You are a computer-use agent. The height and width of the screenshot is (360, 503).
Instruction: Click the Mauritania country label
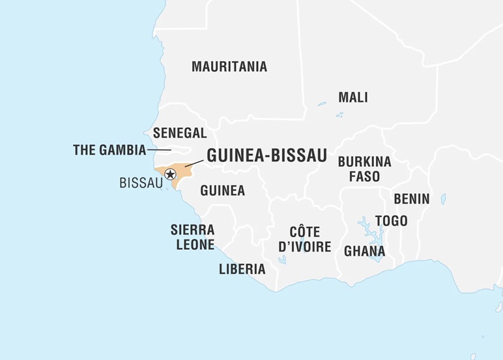coord(229,67)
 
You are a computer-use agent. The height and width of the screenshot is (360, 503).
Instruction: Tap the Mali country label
coord(352,97)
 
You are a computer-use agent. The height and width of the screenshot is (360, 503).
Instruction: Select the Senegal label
coord(180,133)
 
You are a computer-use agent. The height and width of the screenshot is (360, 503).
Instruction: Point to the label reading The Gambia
coord(109,150)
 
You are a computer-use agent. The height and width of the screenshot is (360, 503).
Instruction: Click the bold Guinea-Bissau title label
coord(266,155)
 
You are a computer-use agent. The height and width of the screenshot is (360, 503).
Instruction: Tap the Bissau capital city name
coord(141,183)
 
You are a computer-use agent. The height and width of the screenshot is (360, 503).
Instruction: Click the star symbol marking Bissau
coord(170,174)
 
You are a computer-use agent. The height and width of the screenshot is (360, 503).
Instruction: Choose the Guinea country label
coord(222,190)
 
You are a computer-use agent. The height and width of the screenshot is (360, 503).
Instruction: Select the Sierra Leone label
coord(192,237)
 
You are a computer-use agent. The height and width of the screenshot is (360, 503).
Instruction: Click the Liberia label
coord(242,269)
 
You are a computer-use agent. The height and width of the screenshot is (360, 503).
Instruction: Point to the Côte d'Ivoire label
coord(304,239)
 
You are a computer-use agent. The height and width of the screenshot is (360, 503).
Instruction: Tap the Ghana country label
coord(364,251)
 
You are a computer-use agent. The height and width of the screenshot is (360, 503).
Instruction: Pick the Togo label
coord(391,221)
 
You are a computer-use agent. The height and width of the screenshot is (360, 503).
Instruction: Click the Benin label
coord(411,199)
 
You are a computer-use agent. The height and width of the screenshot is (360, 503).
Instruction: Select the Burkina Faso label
coord(364,169)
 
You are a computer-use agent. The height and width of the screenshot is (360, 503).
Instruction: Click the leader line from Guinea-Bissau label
coord(194,162)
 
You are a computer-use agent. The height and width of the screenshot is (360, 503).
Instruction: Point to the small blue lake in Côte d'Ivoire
coord(281,260)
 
